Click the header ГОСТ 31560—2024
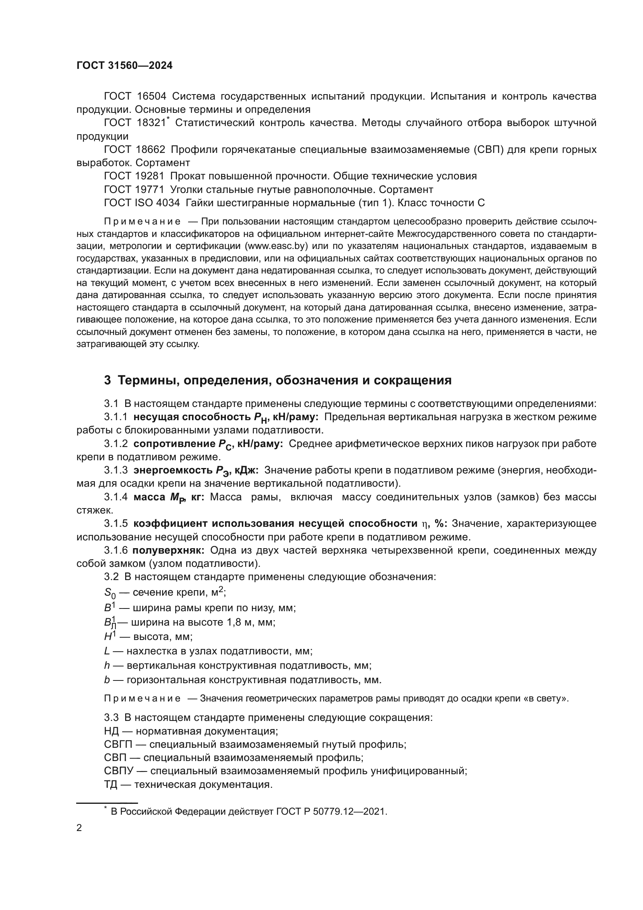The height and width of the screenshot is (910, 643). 124,66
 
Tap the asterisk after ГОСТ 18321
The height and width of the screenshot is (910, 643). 168,119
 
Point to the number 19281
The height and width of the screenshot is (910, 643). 150,176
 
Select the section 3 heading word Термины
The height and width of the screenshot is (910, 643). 149,380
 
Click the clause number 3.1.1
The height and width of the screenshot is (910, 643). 115,417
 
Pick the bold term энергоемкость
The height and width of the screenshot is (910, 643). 173,470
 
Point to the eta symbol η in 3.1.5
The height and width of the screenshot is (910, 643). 425,524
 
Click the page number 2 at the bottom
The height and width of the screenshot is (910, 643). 79,828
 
